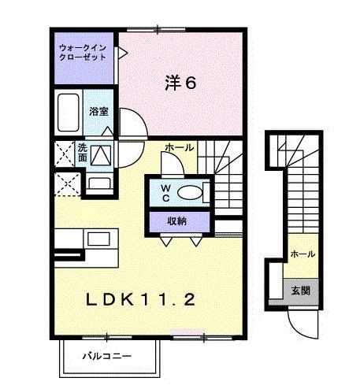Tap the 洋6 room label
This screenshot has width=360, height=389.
[x=180, y=82]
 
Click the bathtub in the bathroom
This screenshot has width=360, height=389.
[x=69, y=113]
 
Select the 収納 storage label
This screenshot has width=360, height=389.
[x=176, y=221]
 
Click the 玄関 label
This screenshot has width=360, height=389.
[x=301, y=290]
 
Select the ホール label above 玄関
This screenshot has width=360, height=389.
[x=302, y=254]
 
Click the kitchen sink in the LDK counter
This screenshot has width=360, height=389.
[x=98, y=238]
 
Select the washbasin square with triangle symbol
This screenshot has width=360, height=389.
[x=101, y=155]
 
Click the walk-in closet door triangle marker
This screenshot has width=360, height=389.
[x=123, y=54]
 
